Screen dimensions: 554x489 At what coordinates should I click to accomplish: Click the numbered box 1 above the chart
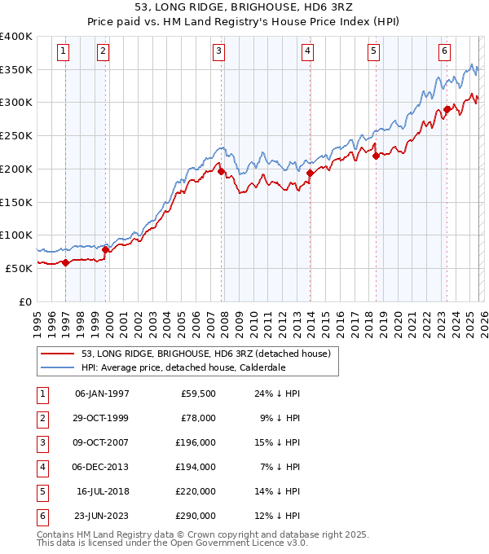point(64,51)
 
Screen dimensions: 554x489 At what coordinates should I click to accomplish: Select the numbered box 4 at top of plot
point(308,51)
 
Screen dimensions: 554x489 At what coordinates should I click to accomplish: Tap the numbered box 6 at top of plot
point(445,51)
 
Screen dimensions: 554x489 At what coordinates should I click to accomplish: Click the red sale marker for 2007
point(221,171)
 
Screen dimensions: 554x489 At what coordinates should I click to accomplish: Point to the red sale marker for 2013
point(310,173)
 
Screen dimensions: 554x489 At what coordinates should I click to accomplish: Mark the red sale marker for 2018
point(376,156)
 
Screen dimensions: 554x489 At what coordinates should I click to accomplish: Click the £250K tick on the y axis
point(16,136)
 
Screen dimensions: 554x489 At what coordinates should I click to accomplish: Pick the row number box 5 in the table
point(41,491)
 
